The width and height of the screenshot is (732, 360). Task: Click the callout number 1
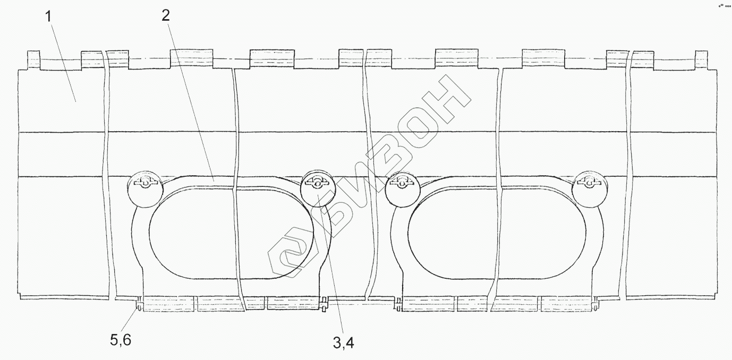49,17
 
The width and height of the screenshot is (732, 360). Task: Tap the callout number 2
166,15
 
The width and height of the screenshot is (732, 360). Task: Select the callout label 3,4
344,342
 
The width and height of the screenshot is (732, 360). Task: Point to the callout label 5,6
121,340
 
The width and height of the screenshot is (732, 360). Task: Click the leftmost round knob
145,190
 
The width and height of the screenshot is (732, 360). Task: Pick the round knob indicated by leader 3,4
318,188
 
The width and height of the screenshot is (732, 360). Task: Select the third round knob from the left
403,190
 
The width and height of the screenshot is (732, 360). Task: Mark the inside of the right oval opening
497,233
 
